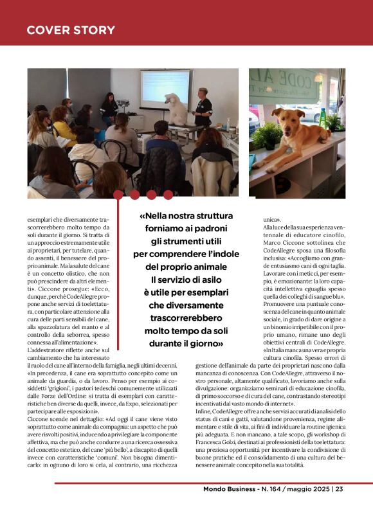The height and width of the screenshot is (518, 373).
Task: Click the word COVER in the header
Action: click(49, 30)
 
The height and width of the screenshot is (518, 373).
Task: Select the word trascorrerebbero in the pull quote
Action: click(186, 318)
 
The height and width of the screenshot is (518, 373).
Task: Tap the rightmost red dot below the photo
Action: click(167, 194)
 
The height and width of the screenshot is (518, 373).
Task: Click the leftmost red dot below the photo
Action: click(118, 194)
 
